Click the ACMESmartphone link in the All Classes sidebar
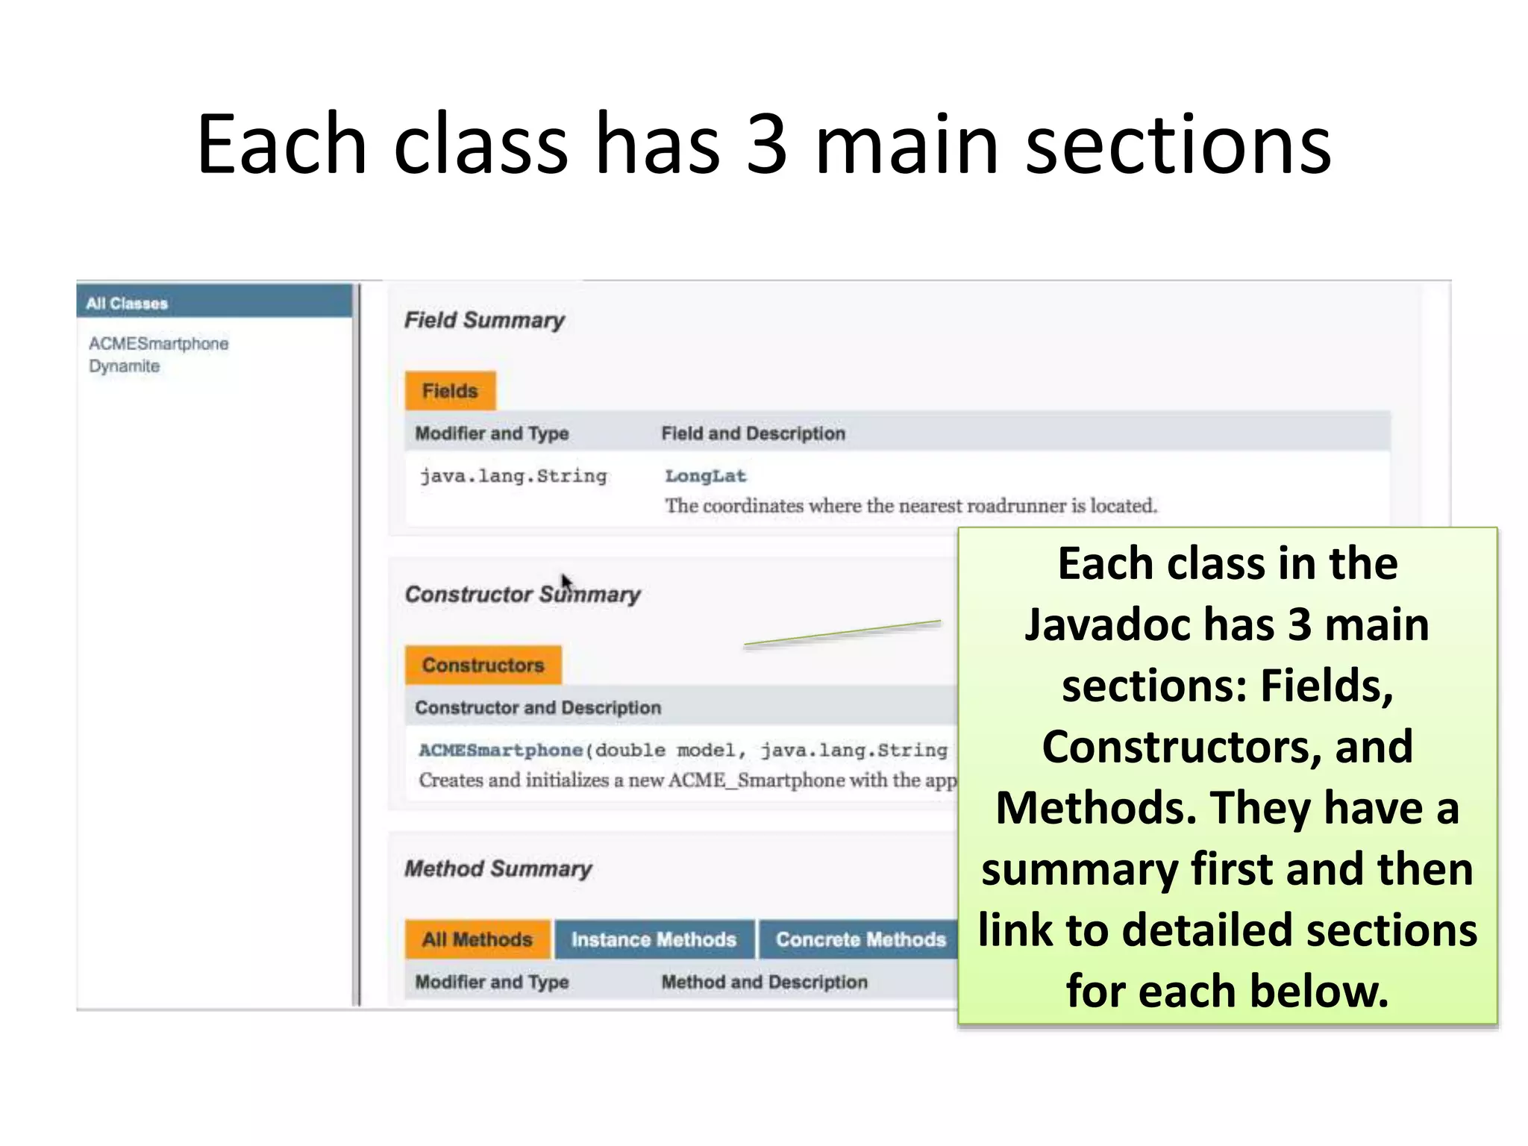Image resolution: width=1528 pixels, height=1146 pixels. [x=158, y=344]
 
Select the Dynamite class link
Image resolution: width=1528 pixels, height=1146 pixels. [x=124, y=366]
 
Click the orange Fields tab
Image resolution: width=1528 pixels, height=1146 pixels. [x=450, y=391]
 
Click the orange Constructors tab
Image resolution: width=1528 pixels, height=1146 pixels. [x=483, y=665]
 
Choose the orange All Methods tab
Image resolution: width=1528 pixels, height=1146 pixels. [x=477, y=939]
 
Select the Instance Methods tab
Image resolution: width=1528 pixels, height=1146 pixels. [x=654, y=939]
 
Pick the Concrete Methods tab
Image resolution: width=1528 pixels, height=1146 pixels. [x=859, y=939]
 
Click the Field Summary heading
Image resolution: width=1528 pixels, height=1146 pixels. [x=484, y=320]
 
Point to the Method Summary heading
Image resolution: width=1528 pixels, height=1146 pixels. [x=498, y=868]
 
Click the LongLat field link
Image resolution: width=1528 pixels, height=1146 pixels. [x=705, y=476]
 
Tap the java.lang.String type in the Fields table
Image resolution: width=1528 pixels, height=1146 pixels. [x=513, y=476]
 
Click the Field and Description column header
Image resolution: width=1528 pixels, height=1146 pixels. [x=753, y=433]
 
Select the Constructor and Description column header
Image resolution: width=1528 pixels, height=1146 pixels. [x=538, y=707]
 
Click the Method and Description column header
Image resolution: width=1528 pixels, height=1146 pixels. [x=764, y=982]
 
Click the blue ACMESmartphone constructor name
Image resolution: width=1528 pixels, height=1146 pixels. [x=501, y=750]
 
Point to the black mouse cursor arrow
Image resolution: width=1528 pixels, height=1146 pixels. [x=566, y=581]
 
